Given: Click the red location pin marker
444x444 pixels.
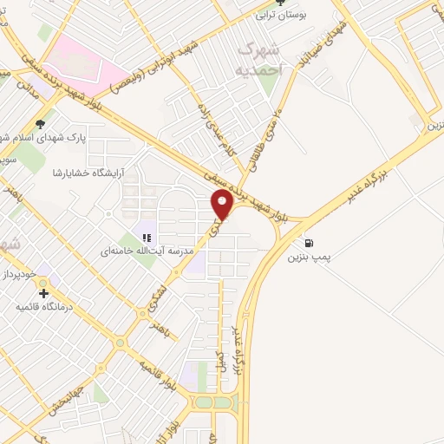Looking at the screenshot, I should (x=223, y=206).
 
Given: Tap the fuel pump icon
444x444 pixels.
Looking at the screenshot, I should (x=310, y=243).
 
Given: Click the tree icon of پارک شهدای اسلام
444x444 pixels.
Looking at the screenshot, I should (x=40, y=123).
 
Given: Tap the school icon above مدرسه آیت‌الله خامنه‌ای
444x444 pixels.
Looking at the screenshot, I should (x=147, y=237).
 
